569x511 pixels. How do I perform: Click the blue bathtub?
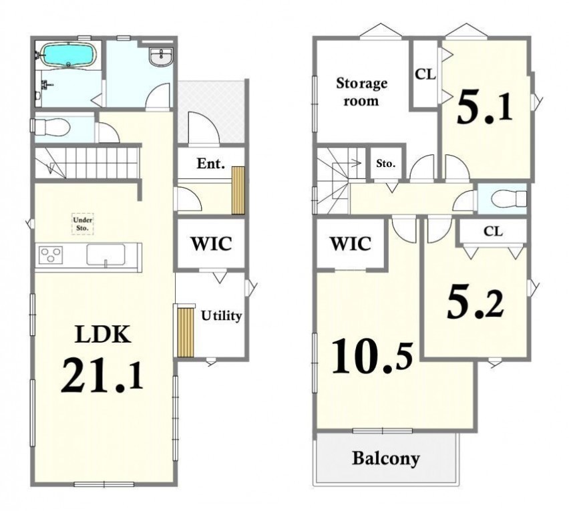[x=68, y=55]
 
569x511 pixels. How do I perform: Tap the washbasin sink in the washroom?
[x=161, y=57]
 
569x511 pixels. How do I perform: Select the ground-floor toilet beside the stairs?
[x=51, y=127]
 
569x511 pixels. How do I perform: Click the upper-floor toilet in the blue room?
[x=508, y=198]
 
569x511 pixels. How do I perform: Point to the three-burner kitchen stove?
[x=51, y=254]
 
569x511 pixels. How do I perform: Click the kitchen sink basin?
[x=106, y=254]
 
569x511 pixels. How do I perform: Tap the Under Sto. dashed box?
[x=83, y=224]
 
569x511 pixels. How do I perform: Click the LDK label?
[x=102, y=334]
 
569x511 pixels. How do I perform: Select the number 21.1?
[x=102, y=375]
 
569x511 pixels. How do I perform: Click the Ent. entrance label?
[x=211, y=164]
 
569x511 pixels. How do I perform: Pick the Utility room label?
[x=221, y=315]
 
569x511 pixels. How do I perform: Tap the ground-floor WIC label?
[x=211, y=244]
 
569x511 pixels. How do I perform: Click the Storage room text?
[x=361, y=92]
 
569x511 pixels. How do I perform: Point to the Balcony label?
[x=386, y=458]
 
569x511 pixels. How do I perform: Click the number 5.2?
[x=476, y=305]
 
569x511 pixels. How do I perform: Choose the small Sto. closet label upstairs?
[x=385, y=164]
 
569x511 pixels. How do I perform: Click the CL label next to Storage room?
[x=425, y=74]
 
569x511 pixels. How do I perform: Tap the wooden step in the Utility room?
[x=186, y=332]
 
